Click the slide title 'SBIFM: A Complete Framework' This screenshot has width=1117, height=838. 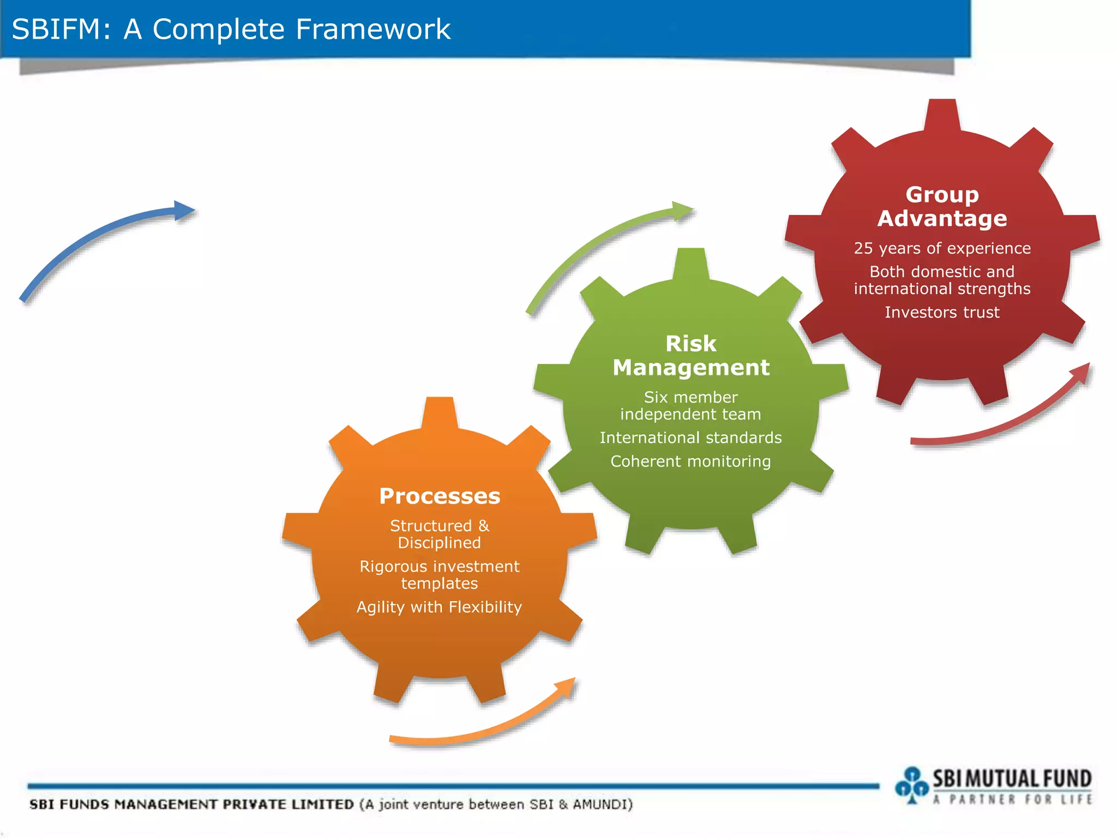coord(231,29)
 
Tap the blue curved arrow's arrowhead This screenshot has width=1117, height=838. coord(184,211)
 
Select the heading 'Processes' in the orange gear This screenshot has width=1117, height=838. coord(440,496)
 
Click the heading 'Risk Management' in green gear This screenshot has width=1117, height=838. coord(690,356)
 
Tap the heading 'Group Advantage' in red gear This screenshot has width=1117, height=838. coord(942,207)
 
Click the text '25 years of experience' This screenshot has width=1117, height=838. coord(942,248)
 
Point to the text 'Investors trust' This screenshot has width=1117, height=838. coord(942,312)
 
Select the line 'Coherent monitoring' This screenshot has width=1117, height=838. coord(690,462)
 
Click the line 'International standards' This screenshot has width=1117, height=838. coord(690,438)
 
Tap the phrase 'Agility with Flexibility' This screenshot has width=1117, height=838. coord(440,607)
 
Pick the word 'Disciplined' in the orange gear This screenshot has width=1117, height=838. coord(440,543)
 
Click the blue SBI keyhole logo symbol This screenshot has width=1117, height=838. coord(912,785)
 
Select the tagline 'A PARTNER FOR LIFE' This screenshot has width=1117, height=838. coord(1012,800)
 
